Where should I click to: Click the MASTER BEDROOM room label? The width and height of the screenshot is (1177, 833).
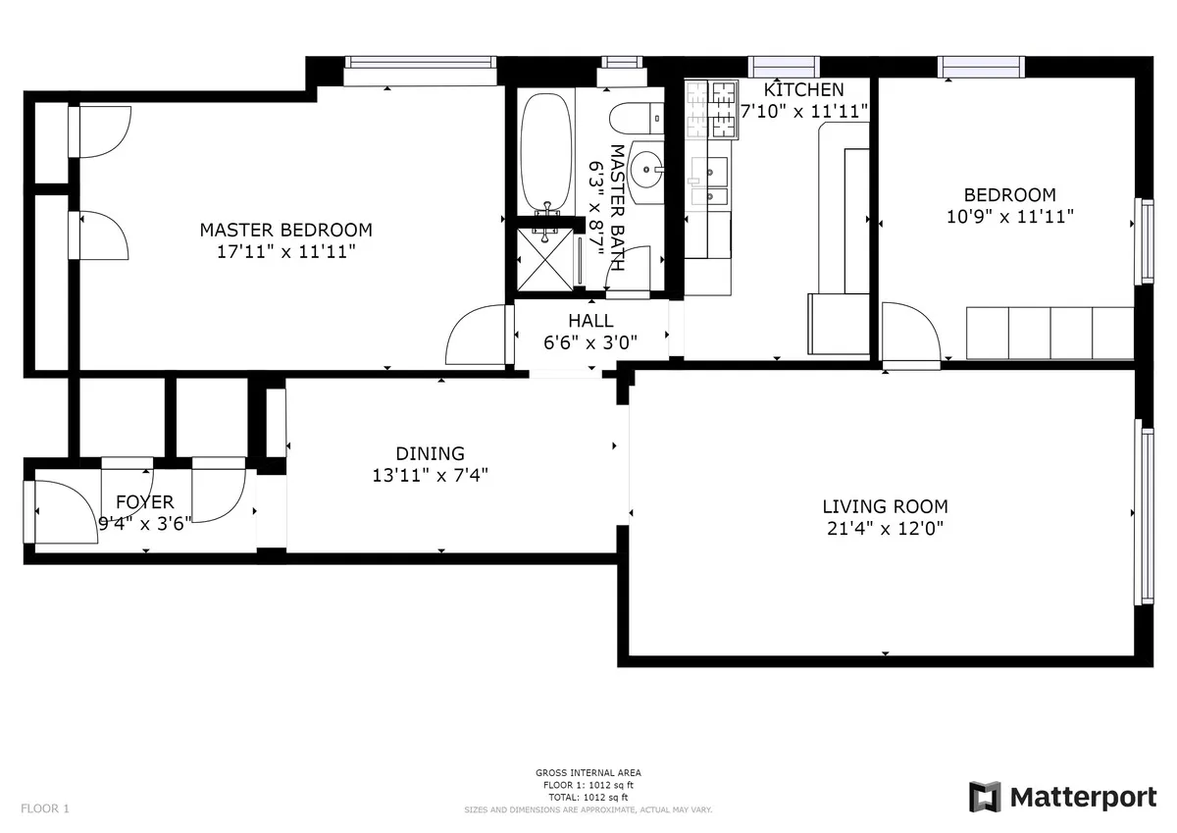tap(285, 230)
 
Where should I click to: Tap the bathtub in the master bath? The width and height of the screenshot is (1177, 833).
tap(546, 152)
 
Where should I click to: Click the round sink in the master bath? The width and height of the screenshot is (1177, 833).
tap(645, 173)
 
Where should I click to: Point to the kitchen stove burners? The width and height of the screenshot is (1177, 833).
tap(712, 108)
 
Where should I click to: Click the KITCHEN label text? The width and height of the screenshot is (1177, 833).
tap(803, 90)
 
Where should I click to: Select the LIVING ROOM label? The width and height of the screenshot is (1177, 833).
tap(885, 507)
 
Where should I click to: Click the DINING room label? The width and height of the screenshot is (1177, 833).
tap(430, 453)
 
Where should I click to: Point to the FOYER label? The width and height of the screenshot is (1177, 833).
tap(144, 502)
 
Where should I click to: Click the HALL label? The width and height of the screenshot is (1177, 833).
tap(590, 321)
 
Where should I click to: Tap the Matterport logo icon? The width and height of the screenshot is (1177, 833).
tap(985, 797)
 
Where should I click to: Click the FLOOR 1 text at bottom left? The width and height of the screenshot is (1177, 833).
tap(45, 809)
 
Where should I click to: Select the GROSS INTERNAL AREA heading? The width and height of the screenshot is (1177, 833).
tap(588, 773)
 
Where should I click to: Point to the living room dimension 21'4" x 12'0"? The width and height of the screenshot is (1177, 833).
tap(885, 529)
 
